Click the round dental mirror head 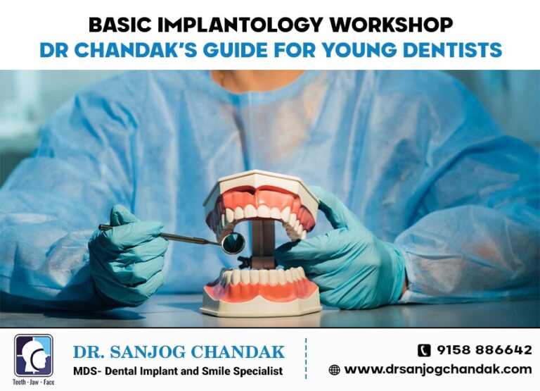tap(233, 243)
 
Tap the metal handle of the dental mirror tap(169, 235)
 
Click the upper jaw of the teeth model tap(261, 204)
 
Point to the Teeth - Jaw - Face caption tap(33, 383)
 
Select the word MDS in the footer tap(86, 371)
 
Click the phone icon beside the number tap(424, 350)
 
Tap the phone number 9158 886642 tap(484, 350)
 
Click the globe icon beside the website tap(335, 369)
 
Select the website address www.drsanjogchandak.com tap(437, 369)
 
